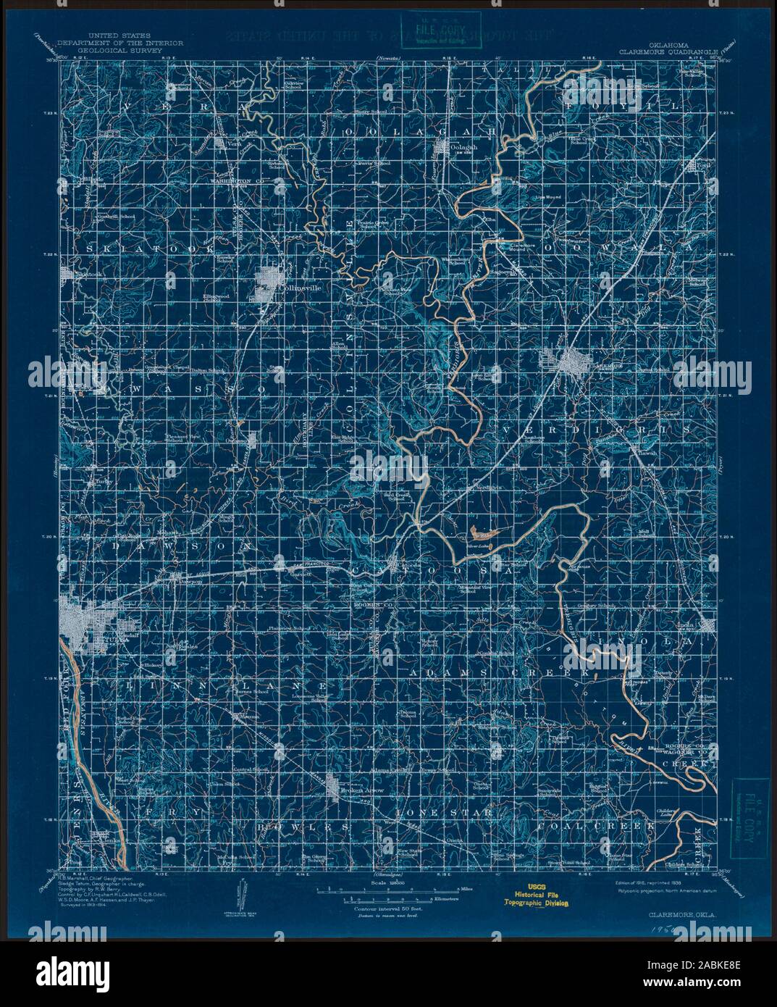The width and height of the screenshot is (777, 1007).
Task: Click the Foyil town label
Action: [700, 164]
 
